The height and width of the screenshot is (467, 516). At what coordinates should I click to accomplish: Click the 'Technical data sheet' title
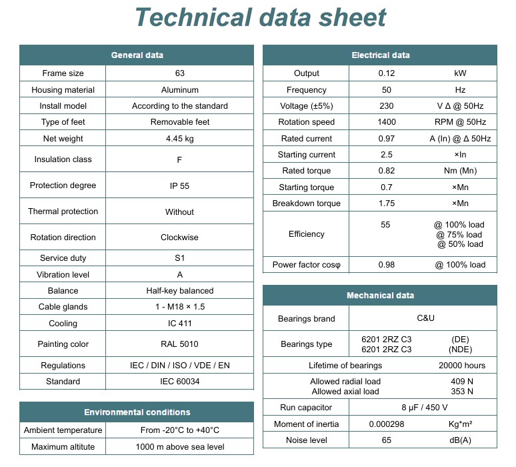[x=261, y=17]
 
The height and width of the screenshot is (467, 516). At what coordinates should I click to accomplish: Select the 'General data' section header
[x=137, y=55]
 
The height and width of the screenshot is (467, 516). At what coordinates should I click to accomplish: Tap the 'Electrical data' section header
[x=381, y=55]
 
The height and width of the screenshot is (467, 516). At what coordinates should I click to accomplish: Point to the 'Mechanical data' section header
[x=380, y=296]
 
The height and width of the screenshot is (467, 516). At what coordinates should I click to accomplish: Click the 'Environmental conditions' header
[x=137, y=412]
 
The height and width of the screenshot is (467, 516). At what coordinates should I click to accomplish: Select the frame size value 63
[x=179, y=73]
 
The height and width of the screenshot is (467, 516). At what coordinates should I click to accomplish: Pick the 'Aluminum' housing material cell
[x=179, y=90]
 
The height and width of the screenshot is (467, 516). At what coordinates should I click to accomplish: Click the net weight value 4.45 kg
[x=179, y=139]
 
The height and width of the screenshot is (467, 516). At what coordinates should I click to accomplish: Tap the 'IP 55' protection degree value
[x=179, y=185]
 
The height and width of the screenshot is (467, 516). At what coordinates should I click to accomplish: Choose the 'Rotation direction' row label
[x=63, y=238]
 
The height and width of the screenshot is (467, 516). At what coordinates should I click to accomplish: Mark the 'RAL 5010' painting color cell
[x=179, y=344]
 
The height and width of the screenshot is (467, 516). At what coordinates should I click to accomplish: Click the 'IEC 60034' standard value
[x=179, y=382]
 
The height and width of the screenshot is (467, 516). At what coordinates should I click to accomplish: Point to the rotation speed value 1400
[x=386, y=122]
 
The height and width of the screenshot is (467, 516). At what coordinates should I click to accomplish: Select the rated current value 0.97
[x=386, y=139]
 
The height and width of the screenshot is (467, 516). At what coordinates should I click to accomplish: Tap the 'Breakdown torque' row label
[x=307, y=203]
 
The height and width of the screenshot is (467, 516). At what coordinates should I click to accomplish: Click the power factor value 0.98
[x=386, y=265]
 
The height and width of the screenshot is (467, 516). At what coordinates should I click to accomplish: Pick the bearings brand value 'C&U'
[x=423, y=318]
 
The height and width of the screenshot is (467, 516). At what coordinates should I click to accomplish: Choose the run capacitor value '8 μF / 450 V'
[x=423, y=408]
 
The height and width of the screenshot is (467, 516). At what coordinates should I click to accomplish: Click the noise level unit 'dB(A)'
[x=460, y=440]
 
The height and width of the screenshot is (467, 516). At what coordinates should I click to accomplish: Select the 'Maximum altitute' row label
[x=63, y=447]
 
